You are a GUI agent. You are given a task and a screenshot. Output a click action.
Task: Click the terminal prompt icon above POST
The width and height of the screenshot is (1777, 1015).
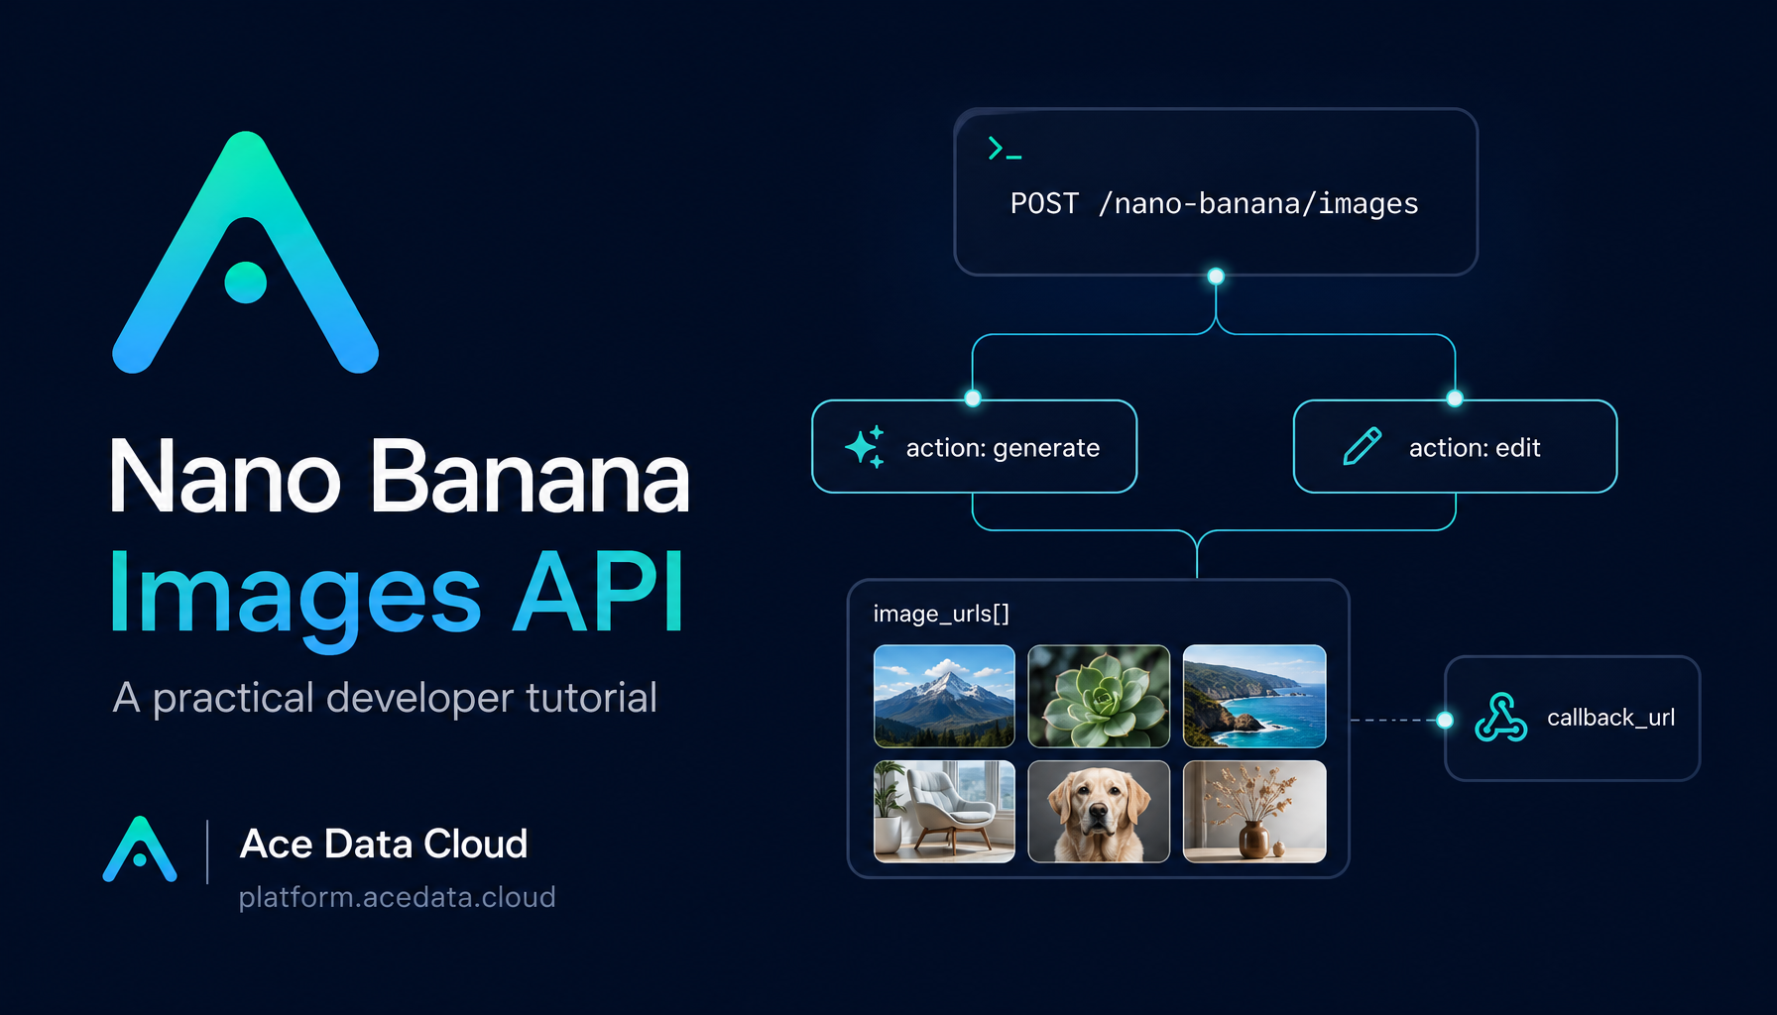(x=1005, y=149)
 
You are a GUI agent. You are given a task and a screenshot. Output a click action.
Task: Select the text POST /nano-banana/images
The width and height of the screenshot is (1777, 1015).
(x=1214, y=203)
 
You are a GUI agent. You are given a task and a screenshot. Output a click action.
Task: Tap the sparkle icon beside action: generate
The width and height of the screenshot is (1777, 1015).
(x=865, y=447)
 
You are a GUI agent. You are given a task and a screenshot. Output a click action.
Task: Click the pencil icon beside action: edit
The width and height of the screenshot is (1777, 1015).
(x=1362, y=446)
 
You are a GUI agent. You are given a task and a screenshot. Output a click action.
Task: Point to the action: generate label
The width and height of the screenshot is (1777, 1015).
(x=1003, y=448)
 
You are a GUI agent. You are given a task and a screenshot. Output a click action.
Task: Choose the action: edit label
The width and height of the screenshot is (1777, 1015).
(x=1475, y=448)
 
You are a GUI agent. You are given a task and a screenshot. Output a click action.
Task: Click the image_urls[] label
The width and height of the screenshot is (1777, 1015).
(x=941, y=614)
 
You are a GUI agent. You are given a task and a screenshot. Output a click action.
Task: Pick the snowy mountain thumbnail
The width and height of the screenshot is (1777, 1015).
(x=944, y=696)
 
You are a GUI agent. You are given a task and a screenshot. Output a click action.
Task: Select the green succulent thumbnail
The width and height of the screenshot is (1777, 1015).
(x=1099, y=696)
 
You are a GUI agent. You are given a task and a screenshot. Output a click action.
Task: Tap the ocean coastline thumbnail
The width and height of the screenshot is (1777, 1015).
(x=1254, y=696)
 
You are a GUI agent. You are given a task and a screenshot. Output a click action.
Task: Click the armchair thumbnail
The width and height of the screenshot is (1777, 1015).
(x=944, y=811)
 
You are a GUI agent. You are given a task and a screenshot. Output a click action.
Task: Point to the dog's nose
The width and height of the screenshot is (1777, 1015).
(x=1098, y=814)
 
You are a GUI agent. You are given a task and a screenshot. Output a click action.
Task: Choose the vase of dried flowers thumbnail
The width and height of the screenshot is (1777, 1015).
(x=1254, y=811)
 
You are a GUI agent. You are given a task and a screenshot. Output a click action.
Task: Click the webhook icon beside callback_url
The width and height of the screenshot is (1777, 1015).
(x=1501, y=718)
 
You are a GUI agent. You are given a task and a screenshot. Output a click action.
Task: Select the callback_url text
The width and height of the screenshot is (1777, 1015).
(x=1610, y=718)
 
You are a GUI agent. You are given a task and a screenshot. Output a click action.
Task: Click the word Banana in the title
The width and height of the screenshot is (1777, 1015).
(x=531, y=477)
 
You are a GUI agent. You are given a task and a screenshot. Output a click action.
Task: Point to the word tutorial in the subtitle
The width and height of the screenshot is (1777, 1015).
(x=591, y=697)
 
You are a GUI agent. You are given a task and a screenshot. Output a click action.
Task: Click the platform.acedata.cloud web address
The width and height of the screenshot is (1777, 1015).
(x=397, y=897)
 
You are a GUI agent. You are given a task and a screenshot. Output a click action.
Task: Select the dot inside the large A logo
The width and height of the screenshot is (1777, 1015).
(x=246, y=282)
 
